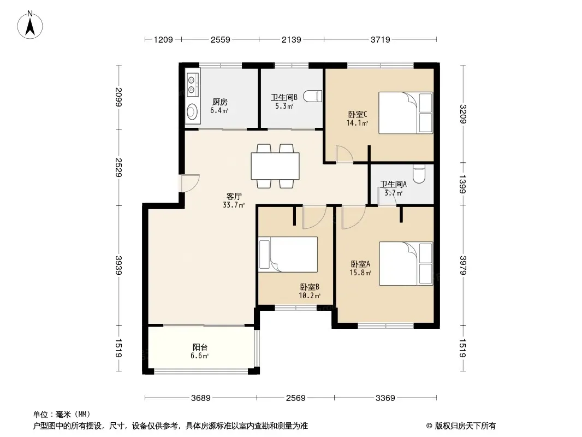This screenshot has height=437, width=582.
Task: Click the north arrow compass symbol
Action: coord(30,25)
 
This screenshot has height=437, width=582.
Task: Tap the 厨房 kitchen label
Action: coord(219,102)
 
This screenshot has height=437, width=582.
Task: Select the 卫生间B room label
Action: coord(284,97)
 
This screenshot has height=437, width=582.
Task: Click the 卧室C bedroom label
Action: coord(358,114)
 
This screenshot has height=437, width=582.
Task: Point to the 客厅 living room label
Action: coord(234,196)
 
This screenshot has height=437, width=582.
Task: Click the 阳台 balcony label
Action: coord(200,347)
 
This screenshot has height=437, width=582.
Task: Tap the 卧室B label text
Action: coord(310,287)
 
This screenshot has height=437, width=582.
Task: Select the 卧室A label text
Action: coord(360,264)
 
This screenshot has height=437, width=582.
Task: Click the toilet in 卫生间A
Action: coord(419,174)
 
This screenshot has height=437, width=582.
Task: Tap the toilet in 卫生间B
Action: coord(312,96)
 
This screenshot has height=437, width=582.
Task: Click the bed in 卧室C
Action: coord(406,113)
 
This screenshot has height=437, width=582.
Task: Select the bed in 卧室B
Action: coord(288,255)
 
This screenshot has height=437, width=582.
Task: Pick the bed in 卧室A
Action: coord(406,264)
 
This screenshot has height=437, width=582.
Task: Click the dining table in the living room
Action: coord(275,166)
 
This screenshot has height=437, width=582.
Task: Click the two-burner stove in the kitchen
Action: coord(192,85)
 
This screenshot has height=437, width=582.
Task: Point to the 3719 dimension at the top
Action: coord(381,39)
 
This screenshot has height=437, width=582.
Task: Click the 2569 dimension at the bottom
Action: coord(295,398)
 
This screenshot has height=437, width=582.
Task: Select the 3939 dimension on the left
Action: coord(118,265)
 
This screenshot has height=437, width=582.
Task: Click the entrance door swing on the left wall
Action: coord(191,183)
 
